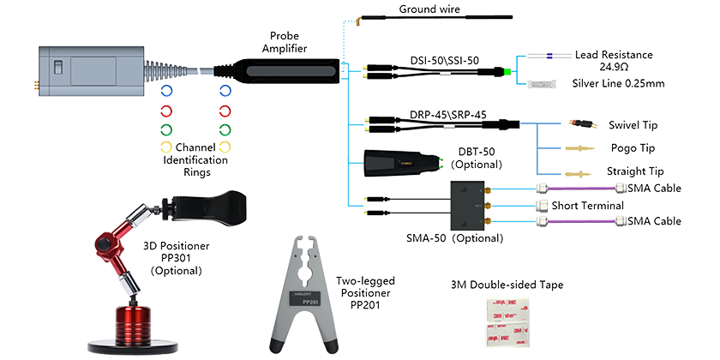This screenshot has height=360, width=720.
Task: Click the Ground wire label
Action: pyautogui.click(x=431, y=10)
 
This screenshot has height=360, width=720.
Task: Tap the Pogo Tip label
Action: pyautogui.click(x=633, y=147)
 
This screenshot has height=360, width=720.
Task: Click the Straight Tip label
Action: pyautogui.click(x=631, y=172)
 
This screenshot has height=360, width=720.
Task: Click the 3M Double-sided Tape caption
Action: pyautogui.click(x=507, y=285)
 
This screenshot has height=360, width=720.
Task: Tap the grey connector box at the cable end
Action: pyautogui.click(x=87, y=69)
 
